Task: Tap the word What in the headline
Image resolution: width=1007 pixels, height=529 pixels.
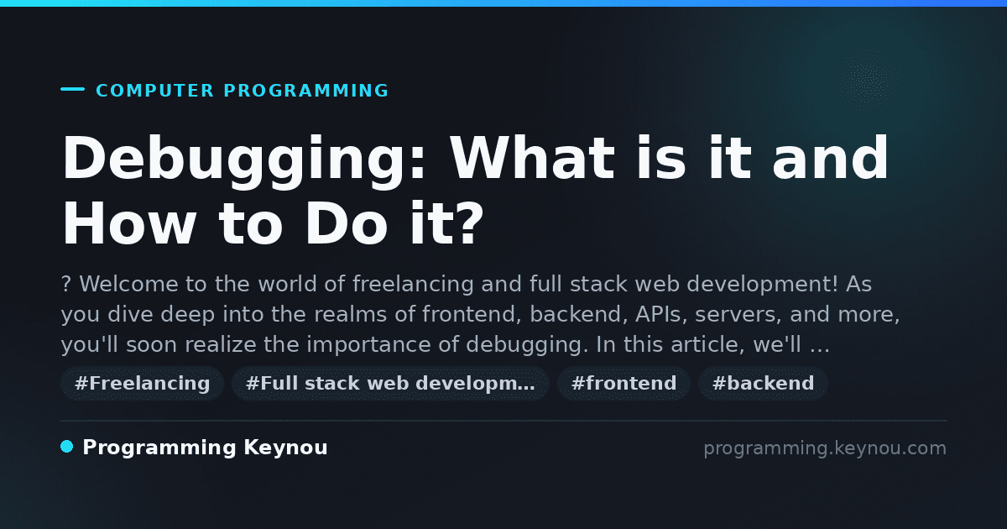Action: tap(533, 158)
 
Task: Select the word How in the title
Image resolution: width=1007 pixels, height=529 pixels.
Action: tap(129, 223)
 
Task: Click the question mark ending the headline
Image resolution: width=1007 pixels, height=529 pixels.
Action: tap(472, 223)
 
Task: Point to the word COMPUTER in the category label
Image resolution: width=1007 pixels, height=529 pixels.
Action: tap(155, 91)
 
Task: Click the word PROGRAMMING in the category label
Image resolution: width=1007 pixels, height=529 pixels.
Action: tap(306, 91)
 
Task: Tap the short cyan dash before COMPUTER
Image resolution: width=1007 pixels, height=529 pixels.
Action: tap(72, 89)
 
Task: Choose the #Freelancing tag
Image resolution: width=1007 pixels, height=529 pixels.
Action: tap(142, 383)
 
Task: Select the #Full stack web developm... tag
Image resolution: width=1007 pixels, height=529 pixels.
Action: tap(390, 383)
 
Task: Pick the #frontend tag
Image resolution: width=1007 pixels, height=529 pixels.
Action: tap(624, 383)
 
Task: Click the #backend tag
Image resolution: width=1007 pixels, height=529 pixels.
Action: tap(763, 383)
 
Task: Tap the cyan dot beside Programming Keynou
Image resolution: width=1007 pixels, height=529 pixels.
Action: tap(66, 447)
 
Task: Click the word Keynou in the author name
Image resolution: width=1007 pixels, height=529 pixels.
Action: tap(285, 448)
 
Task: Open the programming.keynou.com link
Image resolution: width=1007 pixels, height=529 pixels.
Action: tap(825, 448)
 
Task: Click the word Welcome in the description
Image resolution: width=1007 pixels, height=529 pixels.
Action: tap(129, 284)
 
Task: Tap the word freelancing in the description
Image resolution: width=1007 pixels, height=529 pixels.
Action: tap(413, 285)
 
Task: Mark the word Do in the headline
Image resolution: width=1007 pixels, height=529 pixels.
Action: tap(346, 223)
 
